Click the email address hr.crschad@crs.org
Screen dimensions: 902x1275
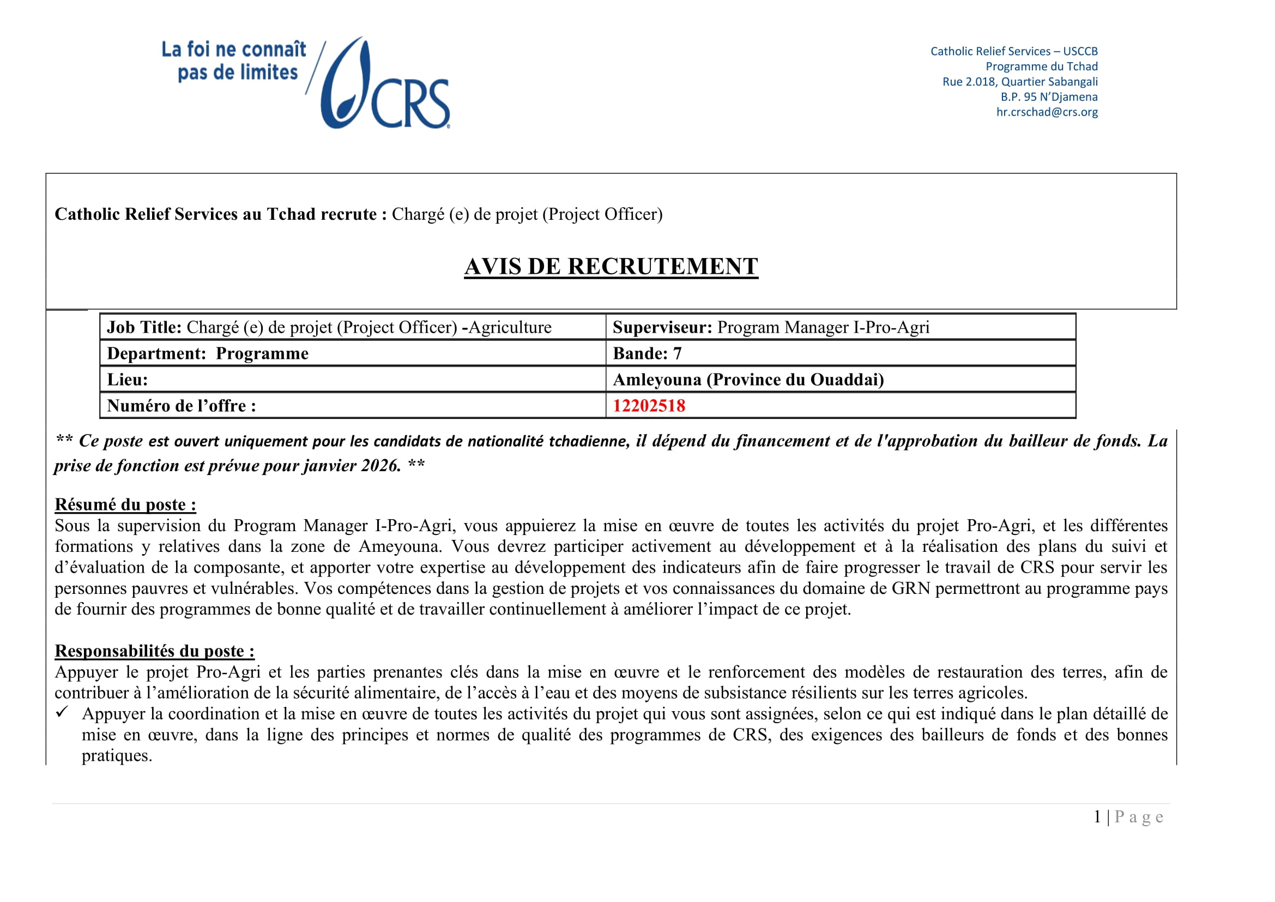(x=1046, y=112)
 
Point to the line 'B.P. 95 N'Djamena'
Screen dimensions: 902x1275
(x=1048, y=97)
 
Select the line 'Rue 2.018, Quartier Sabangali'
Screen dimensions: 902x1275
(x=1019, y=82)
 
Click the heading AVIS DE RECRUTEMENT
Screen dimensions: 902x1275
(x=611, y=267)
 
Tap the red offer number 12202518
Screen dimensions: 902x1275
(x=649, y=406)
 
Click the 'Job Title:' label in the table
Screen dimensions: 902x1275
(x=144, y=327)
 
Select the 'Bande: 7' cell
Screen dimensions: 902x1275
(x=647, y=354)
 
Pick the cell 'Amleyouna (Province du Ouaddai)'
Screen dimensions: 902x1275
(x=748, y=380)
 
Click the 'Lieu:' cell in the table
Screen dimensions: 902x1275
(x=128, y=380)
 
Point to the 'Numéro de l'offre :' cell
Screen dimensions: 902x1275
(x=182, y=406)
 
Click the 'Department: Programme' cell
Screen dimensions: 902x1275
(x=208, y=354)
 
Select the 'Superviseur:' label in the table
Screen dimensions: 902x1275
(x=662, y=327)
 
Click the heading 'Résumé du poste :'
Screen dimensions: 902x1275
(x=125, y=504)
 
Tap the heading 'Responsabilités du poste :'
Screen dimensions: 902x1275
(x=154, y=651)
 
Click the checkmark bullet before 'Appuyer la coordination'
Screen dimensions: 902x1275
(x=62, y=712)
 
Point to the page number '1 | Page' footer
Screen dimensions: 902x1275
(x=1128, y=817)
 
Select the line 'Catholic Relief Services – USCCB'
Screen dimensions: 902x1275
(x=1013, y=52)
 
